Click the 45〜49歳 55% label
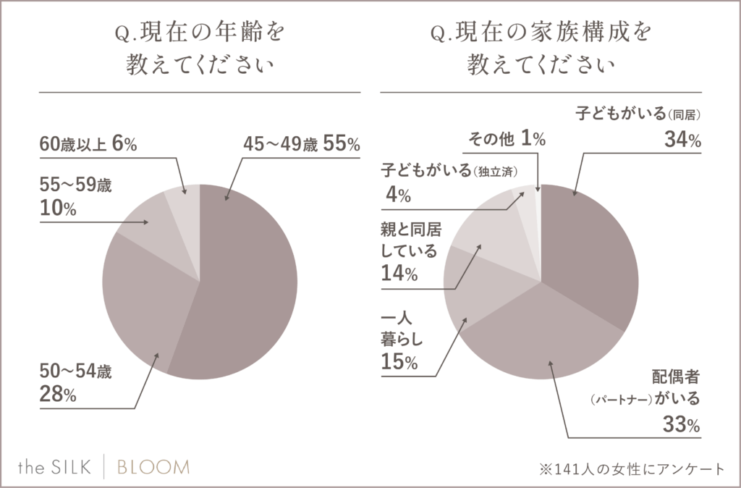(301, 145)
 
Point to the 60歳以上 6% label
(88, 145)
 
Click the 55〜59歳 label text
(77, 185)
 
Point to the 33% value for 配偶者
(681, 426)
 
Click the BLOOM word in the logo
(153, 467)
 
